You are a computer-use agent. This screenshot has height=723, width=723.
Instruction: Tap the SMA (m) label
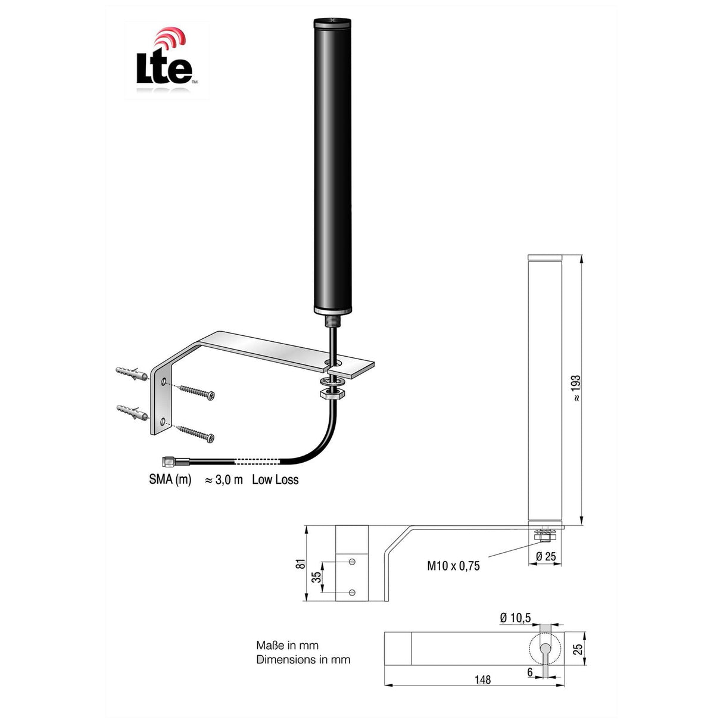click(x=170, y=480)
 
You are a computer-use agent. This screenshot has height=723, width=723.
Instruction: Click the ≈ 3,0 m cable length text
click(x=224, y=480)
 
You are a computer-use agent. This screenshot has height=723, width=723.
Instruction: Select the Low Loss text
click(x=275, y=480)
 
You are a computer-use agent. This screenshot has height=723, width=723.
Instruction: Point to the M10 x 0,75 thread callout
click(x=453, y=566)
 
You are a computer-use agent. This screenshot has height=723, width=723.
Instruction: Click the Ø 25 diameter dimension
click(x=546, y=557)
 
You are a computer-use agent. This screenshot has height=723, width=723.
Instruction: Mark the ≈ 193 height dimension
click(x=576, y=388)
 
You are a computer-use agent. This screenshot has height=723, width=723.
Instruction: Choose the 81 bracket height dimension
click(x=301, y=563)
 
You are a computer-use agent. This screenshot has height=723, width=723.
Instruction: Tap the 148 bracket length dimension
click(x=483, y=680)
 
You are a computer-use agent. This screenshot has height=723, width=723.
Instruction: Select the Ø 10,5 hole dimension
click(x=515, y=618)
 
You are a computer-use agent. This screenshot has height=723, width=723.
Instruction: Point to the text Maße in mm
click(x=287, y=645)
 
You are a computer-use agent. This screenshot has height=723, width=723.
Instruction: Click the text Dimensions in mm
click(x=303, y=659)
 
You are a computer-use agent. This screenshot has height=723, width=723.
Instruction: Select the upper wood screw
click(x=195, y=392)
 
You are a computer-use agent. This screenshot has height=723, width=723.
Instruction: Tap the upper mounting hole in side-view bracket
click(x=352, y=562)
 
